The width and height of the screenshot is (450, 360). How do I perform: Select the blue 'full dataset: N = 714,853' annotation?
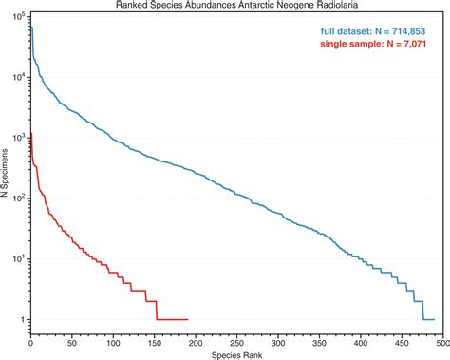[x=375, y=30]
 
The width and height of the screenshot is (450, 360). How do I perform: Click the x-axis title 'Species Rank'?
[x=236, y=353]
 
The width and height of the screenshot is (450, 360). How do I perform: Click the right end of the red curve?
[x=188, y=319]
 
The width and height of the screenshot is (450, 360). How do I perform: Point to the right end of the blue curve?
[x=434, y=319]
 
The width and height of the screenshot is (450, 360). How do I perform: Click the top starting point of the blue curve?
[x=31, y=26]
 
